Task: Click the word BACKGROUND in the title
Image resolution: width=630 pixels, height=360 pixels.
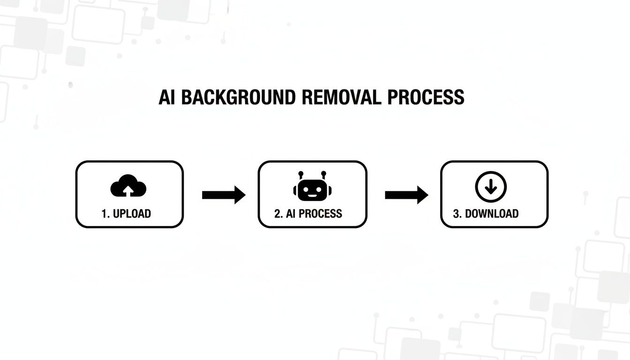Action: point(238,97)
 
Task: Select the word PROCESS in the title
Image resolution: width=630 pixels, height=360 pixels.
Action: point(426,97)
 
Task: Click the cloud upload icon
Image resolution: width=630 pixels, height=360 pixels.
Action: point(128,187)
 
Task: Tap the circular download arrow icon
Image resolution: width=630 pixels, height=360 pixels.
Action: point(491,187)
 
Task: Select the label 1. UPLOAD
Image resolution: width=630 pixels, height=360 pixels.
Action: point(126,214)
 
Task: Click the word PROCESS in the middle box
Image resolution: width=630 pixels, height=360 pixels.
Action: point(320,214)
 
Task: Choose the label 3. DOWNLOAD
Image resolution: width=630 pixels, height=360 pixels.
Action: point(486,214)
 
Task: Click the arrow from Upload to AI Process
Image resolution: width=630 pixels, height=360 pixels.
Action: point(224,195)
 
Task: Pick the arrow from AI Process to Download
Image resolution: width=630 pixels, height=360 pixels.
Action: point(406,195)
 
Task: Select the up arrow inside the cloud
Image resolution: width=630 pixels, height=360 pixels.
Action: point(128,189)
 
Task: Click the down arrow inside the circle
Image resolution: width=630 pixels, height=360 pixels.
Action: point(491,187)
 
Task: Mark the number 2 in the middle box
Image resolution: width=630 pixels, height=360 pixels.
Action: point(277,214)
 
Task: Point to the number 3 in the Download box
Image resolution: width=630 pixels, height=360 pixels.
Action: point(456,214)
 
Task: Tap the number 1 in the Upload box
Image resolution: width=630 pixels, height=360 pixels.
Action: point(104,214)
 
